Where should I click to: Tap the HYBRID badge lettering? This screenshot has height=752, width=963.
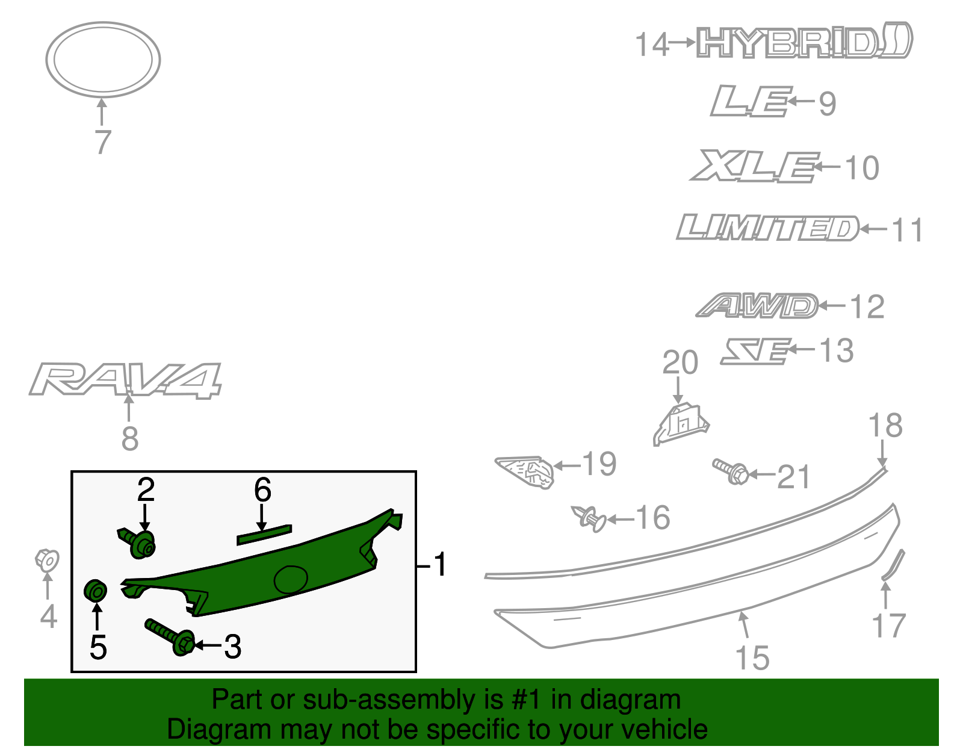point(804,41)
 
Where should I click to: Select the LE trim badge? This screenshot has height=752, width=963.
point(751,101)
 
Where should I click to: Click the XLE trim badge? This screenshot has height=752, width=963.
point(754,166)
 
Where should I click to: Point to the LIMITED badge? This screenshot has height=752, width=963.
point(767,228)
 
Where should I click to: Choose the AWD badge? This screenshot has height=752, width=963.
point(757,306)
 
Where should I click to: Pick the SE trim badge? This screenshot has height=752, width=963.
point(756,351)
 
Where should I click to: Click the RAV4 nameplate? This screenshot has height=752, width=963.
point(125,380)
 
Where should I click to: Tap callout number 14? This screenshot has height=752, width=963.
point(651,45)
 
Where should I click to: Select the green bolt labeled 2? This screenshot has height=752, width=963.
point(137,543)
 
